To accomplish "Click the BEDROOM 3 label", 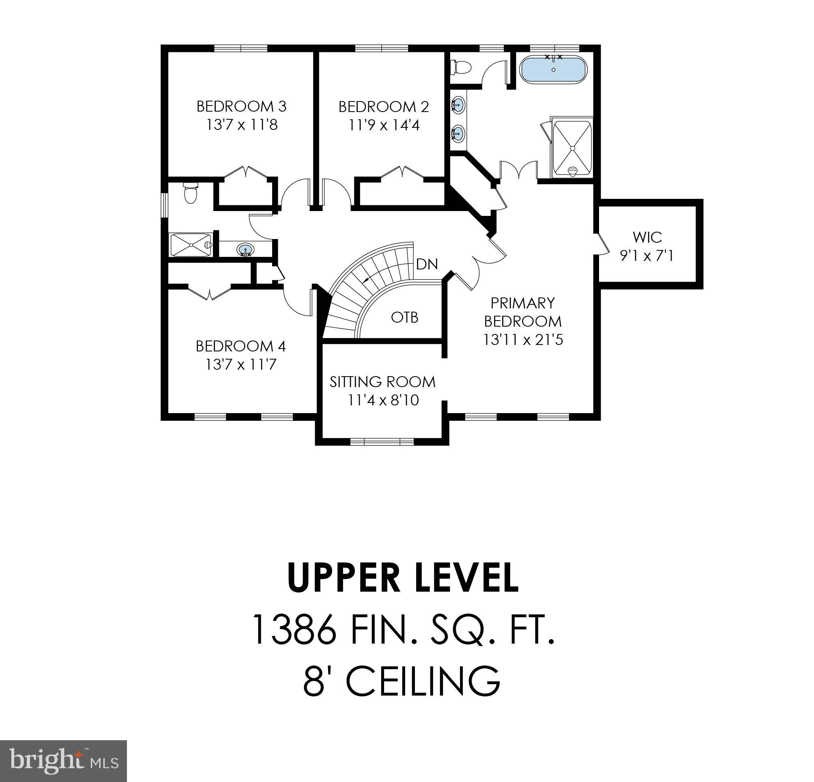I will click(x=241, y=107).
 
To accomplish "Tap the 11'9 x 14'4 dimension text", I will click(x=384, y=125).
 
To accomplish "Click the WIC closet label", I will click(x=647, y=237).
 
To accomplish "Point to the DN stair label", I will click(x=427, y=264).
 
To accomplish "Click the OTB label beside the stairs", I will click(x=404, y=317).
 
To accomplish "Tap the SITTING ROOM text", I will click(x=382, y=382).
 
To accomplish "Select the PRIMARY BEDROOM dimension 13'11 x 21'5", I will click(x=523, y=340).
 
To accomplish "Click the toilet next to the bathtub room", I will click(x=461, y=68).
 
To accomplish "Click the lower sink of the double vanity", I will click(x=458, y=134).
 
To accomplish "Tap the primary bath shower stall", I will click(x=572, y=149).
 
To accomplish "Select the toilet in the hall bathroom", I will click(x=191, y=193).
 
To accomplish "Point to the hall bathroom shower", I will click(x=191, y=245).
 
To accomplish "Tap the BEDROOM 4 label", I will click(x=241, y=346).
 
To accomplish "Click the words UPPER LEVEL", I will click(x=403, y=578).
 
